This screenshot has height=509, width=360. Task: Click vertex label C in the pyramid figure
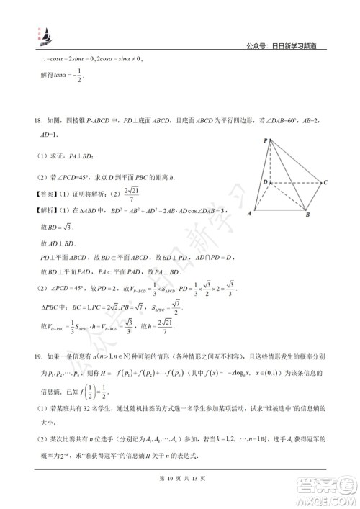coord(327,182)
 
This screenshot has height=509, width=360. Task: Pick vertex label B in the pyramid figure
coord(307,216)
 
